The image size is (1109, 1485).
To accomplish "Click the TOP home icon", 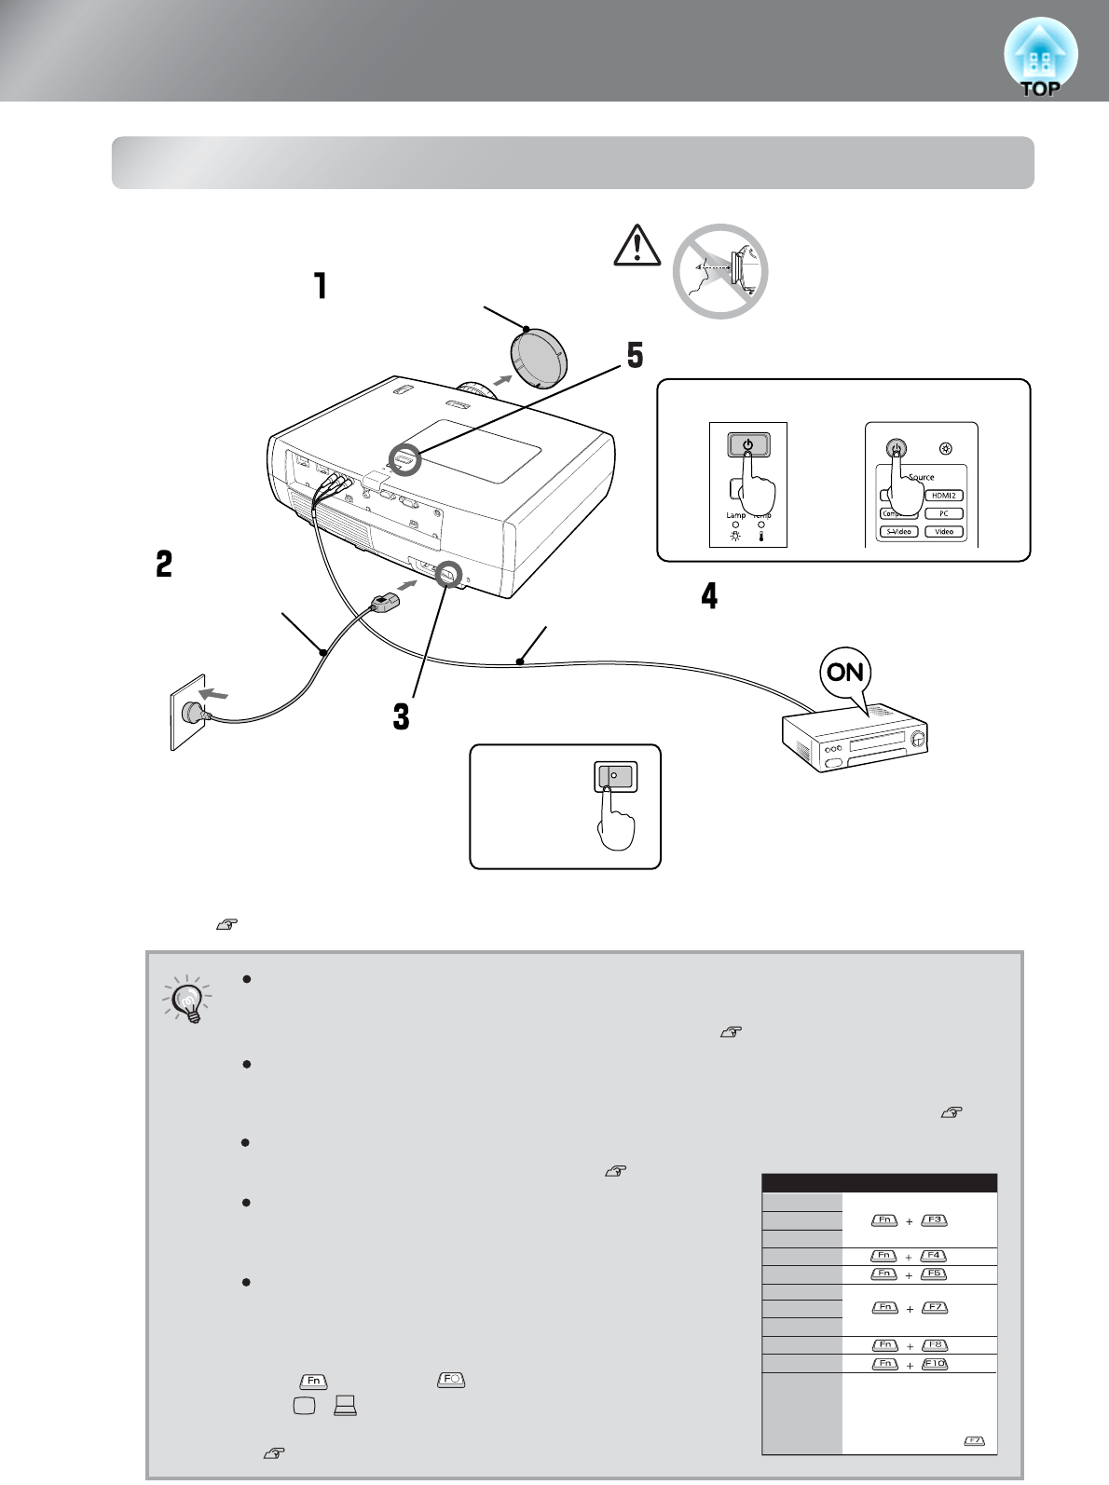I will pyautogui.click(x=1040, y=58).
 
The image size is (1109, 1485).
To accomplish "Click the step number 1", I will pyautogui.click(x=321, y=285).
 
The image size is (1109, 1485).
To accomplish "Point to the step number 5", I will pyautogui.click(x=635, y=355).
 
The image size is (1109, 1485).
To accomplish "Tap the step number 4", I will pyautogui.click(x=710, y=595).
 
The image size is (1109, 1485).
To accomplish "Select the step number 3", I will pyautogui.click(x=401, y=716).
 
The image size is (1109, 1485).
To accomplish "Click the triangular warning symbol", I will pyautogui.click(x=637, y=247).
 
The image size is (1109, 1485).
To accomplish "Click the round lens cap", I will pyautogui.click(x=539, y=358).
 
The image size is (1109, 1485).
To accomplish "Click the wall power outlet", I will pyautogui.click(x=187, y=713).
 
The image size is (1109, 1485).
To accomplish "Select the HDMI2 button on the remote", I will pyautogui.click(x=943, y=496).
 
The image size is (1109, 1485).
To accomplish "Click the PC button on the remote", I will pyautogui.click(x=943, y=513).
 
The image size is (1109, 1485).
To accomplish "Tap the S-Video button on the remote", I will pyautogui.click(x=898, y=531).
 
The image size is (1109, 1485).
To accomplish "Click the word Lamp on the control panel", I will pyautogui.click(x=736, y=514).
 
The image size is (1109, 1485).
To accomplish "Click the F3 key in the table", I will pyautogui.click(x=933, y=1220).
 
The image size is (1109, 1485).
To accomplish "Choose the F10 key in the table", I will pyautogui.click(x=934, y=1364).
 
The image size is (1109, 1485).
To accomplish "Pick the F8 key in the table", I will pyautogui.click(x=934, y=1345).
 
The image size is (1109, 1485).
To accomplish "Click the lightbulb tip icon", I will pyautogui.click(x=188, y=999).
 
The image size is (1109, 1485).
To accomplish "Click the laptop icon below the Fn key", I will pyautogui.click(x=345, y=1406).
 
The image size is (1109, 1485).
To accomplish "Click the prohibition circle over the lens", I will pyautogui.click(x=720, y=271).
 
